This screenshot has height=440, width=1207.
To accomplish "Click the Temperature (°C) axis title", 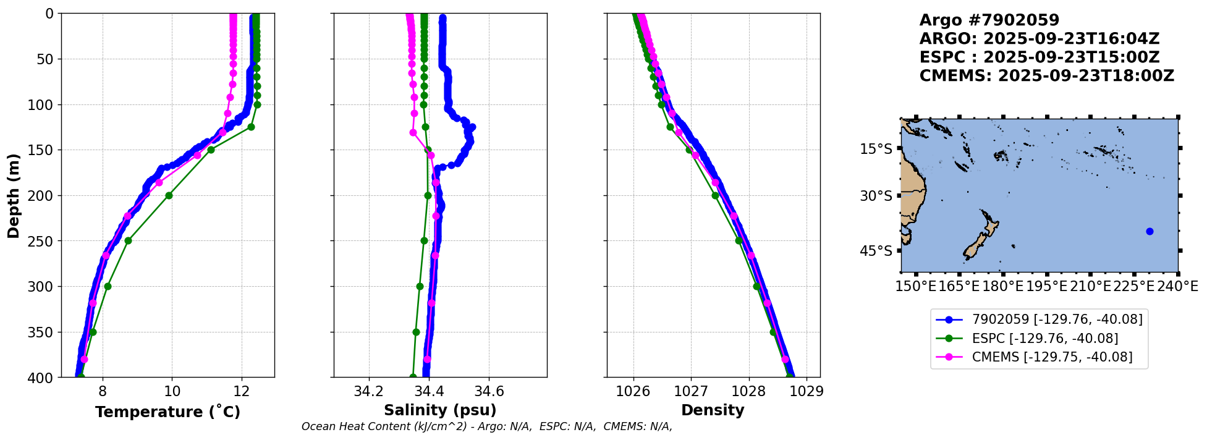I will click(x=167, y=412).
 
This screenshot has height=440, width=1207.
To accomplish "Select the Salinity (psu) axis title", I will click(x=440, y=410).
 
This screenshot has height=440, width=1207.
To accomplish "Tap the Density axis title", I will click(x=713, y=410).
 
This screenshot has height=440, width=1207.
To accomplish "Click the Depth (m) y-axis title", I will click(x=14, y=195).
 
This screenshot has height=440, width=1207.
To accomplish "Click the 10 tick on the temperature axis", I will click(x=172, y=391).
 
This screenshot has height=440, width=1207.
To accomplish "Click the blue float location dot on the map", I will click(x=1150, y=232).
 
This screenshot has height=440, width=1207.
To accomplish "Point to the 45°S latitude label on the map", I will click(x=876, y=251).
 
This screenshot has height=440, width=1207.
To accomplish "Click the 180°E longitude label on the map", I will click(x=1002, y=287).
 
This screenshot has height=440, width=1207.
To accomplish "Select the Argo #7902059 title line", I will click(x=989, y=20).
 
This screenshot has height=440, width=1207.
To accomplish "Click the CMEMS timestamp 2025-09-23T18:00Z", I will click(x=1086, y=76).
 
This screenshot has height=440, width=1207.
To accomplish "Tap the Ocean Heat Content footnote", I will click(x=486, y=426).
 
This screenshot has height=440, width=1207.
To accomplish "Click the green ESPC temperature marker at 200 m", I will click(x=169, y=195).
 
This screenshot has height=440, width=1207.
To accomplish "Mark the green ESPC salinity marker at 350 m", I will click(x=416, y=332).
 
